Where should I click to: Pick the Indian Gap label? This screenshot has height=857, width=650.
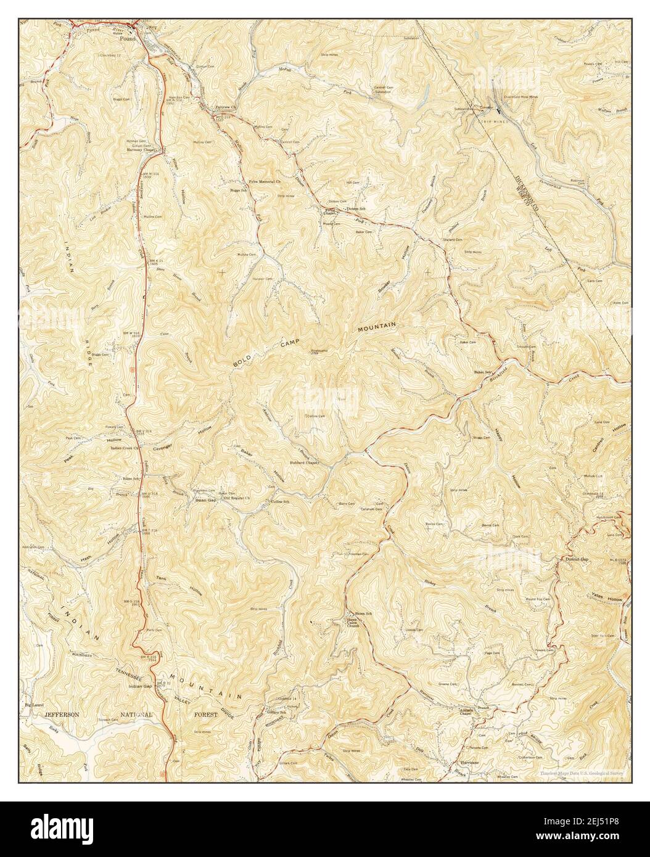(x=140, y=685)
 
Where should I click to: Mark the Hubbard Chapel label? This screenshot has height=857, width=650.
(x=303, y=462)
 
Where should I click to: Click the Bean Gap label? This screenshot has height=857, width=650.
(x=203, y=500)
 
